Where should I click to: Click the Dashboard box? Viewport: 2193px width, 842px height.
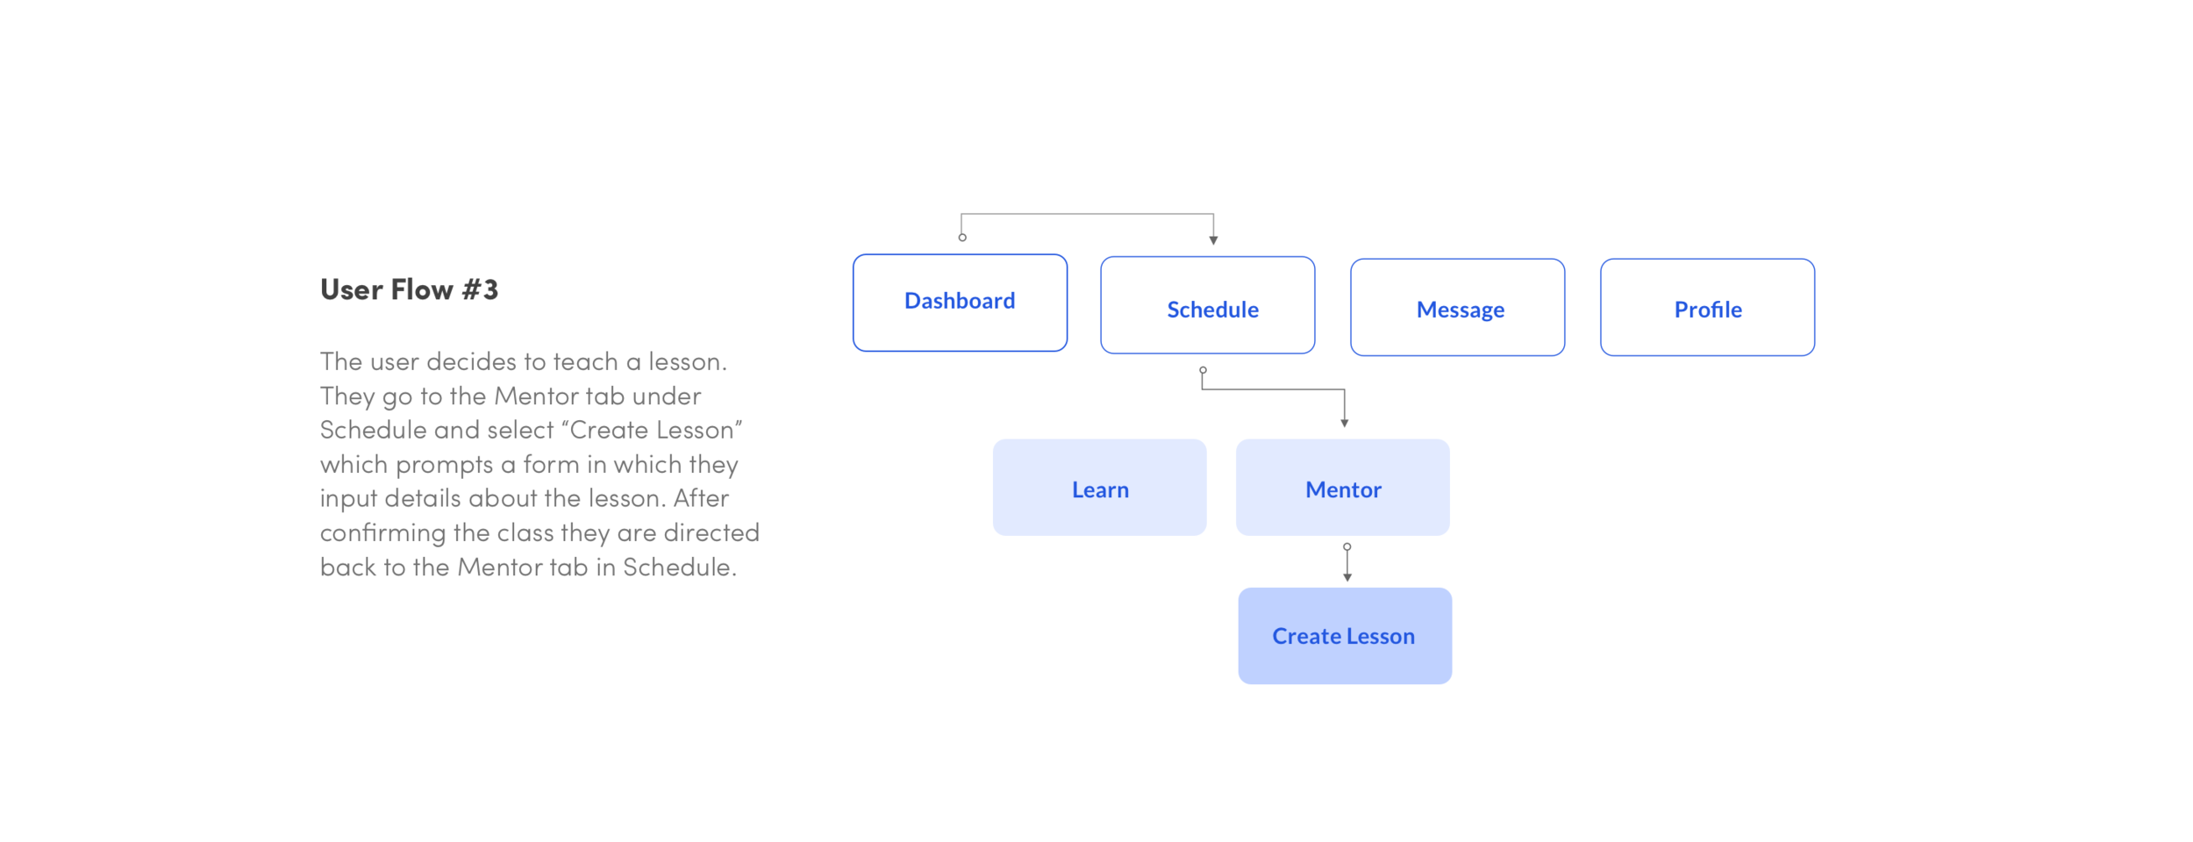click(960, 303)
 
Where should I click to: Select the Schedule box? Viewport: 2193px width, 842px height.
click(1208, 305)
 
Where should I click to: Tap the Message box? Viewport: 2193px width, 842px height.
click(1457, 307)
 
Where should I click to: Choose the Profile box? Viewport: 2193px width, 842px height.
click(1707, 307)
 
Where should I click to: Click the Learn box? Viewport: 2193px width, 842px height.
click(1099, 488)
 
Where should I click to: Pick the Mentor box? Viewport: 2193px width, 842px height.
click(1342, 488)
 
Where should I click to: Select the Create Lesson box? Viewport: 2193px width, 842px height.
click(1345, 636)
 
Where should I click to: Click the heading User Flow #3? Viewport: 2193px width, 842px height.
click(409, 289)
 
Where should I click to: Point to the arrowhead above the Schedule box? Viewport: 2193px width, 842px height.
click(1213, 239)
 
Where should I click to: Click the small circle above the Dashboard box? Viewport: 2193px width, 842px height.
click(962, 238)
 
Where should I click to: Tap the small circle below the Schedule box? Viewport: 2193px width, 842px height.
click(1203, 370)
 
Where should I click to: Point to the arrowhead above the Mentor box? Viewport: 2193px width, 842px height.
click(1344, 423)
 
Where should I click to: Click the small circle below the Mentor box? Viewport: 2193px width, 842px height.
click(1347, 546)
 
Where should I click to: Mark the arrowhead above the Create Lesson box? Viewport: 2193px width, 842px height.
click(1347, 577)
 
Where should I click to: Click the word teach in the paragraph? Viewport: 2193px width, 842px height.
click(585, 361)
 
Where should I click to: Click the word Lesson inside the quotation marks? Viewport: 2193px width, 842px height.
click(695, 430)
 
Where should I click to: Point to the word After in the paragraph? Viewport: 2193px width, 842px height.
click(701, 498)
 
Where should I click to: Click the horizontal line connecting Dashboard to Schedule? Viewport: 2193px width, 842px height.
click(1088, 214)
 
